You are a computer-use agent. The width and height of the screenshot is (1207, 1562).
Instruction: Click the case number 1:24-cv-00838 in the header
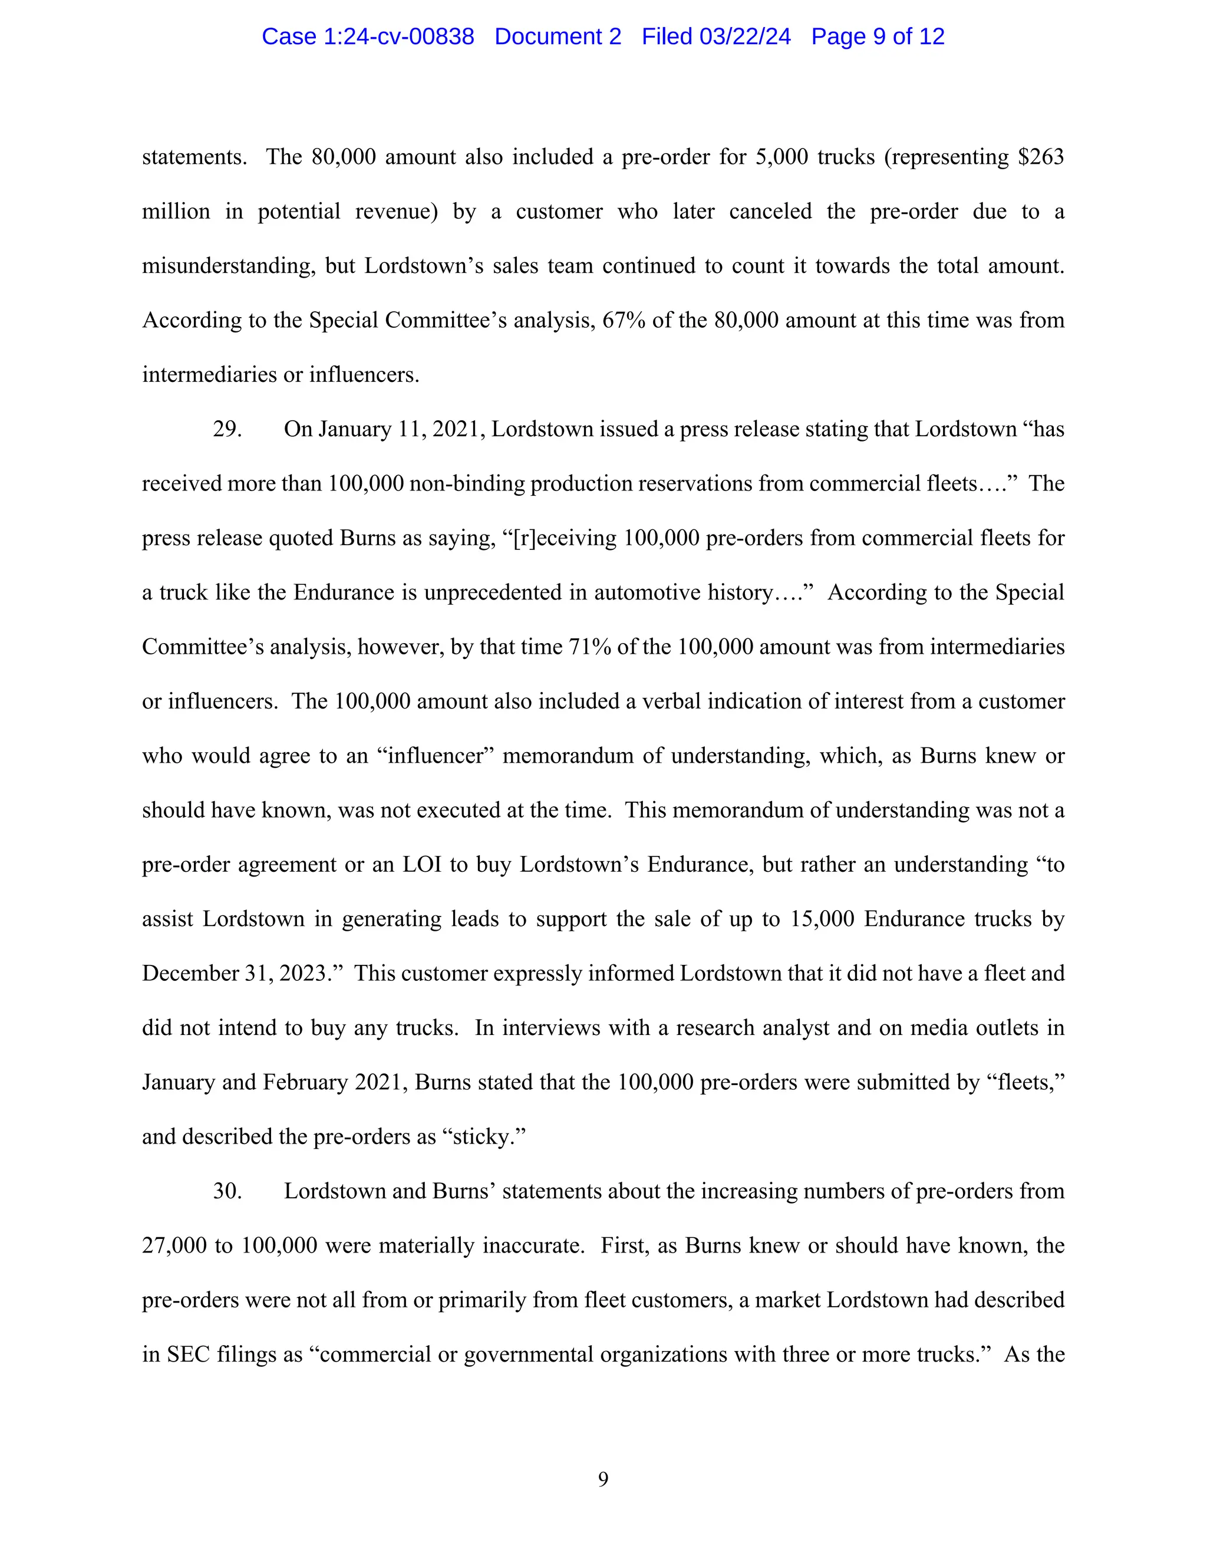398,37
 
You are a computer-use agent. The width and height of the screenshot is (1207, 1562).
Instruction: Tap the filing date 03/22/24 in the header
745,37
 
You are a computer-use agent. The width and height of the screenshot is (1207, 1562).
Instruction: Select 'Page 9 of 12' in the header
878,37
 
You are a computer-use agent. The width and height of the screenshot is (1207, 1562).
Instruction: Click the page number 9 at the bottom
603,1479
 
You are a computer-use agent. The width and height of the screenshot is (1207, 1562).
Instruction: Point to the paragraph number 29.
227,429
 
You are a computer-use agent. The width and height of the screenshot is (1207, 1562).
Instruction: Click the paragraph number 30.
227,1191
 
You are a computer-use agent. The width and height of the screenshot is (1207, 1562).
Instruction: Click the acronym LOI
421,864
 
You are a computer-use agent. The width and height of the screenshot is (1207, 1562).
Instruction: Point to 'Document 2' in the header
558,37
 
